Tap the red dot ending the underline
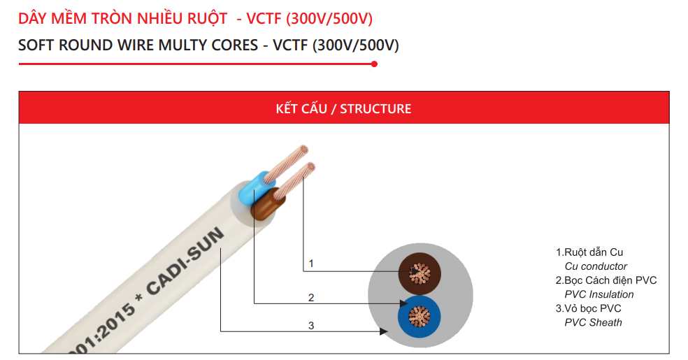(x=374, y=64)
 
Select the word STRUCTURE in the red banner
(x=375, y=109)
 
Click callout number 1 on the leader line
(x=311, y=264)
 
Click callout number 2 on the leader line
(x=311, y=298)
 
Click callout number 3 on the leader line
(x=311, y=325)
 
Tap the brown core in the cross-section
(x=419, y=273)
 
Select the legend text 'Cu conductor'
(x=596, y=266)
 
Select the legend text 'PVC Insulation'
(x=599, y=294)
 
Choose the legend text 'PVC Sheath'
(x=593, y=322)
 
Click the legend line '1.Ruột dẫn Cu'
(x=589, y=252)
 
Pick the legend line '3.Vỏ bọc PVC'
(x=589, y=308)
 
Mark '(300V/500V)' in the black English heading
(x=355, y=45)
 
